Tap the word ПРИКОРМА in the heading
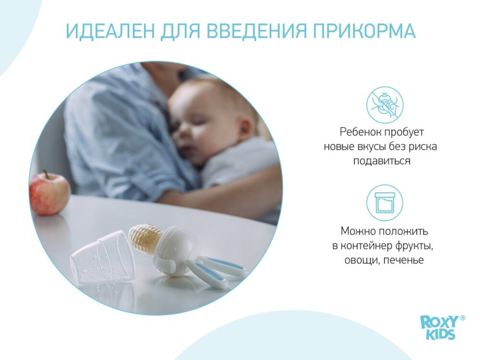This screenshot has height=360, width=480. (x=364, y=31)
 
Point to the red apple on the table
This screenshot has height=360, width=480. (x=49, y=193)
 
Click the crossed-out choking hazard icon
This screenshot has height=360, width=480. (x=385, y=104)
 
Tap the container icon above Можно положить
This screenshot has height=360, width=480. (x=385, y=203)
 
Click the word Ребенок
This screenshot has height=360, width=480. (x=360, y=132)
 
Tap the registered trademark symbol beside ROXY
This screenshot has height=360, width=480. (x=463, y=318)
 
